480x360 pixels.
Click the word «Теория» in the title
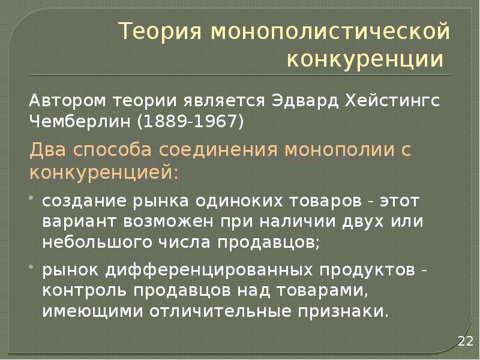pos(161,32)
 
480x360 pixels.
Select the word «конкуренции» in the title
pos(365,59)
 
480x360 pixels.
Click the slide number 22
pos(466,341)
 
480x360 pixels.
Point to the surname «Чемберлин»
pos(80,122)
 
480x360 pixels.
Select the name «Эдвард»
pos(305,101)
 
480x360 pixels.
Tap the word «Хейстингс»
pos(392,101)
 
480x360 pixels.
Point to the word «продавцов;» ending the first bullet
pos(269,243)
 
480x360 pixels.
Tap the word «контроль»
pos(84,291)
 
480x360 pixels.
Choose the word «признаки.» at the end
pos(343,311)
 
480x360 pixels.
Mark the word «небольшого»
pos(97,242)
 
